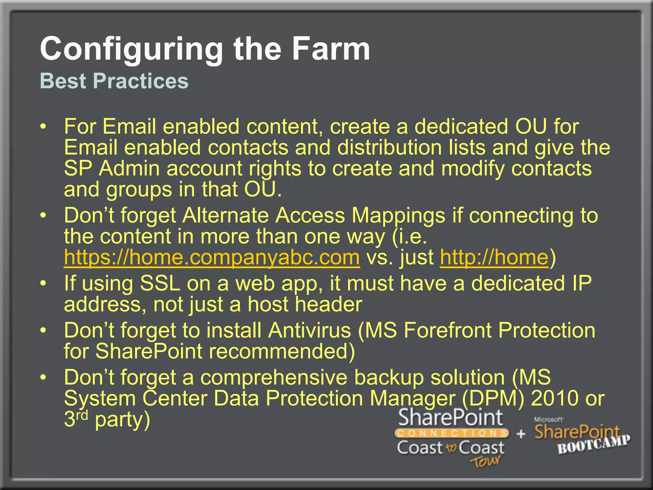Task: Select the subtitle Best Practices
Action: pyautogui.click(x=114, y=81)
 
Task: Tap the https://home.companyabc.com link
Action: pyautogui.click(x=212, y=257)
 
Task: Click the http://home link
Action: pyautogui.click(x=494, y=257)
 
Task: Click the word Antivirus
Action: pyautogui.click(x=309, y=330)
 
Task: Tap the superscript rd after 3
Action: pyautogui.click(x=82, y=415)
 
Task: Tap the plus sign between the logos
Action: pyautogui.click(x=521, y=434)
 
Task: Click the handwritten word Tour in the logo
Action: pyautogui.click(x=485, y=461)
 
